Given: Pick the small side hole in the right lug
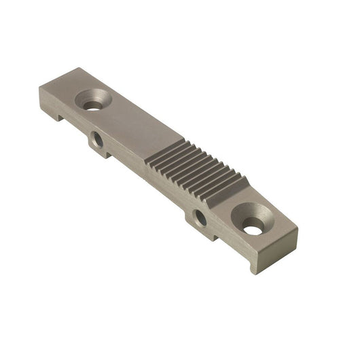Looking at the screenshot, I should tap(200, 218).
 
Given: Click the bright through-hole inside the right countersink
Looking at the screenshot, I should tap(253, 230).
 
